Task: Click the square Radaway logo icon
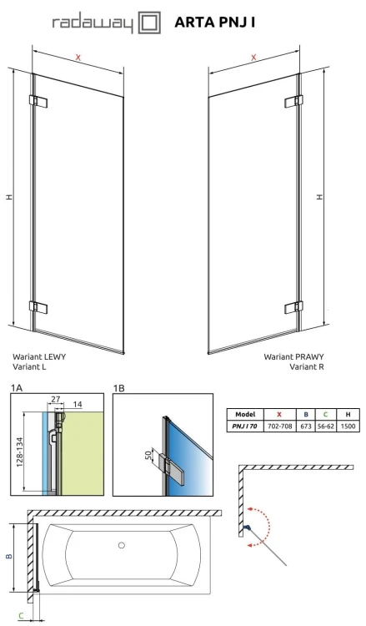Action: pos(149,23)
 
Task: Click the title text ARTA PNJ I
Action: pos(214,23)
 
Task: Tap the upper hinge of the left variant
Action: pos(38,101)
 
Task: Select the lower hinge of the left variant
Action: pos(38,307)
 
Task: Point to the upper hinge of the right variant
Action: pos(293,102)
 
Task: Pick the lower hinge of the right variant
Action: pos(294,307)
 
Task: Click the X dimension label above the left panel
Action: pos(78,58)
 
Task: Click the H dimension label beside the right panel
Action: pos(320,196)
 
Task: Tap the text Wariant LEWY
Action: pos(39,356)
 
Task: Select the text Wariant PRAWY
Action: pos(293,356)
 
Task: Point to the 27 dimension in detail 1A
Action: pos(55,399)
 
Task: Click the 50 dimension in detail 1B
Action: pos(148,454)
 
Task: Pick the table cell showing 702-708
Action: pos(280,426)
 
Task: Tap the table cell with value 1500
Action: pos(348,426)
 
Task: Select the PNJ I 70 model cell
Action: pos(245,426)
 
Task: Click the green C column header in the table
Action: pos(325,414)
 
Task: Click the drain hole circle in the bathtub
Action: pos(122,545)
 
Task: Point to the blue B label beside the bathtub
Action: pos(9,556)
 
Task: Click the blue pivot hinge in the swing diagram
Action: pos(247,528)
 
